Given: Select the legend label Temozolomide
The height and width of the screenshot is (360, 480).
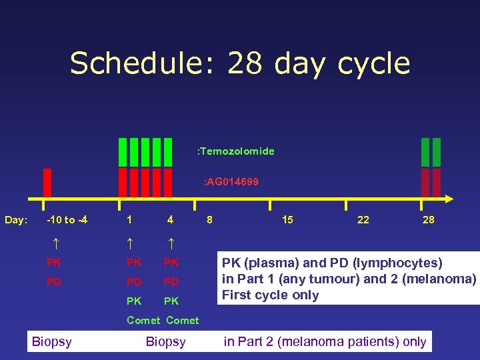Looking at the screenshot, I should point(236,151).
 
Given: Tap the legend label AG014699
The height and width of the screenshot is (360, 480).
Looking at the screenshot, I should point(231,181).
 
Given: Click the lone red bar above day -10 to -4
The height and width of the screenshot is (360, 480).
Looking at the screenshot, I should point(47,183).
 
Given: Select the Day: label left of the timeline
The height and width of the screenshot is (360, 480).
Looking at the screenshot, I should point(16,220).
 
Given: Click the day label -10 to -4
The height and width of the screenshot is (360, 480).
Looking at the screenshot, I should point(67,219).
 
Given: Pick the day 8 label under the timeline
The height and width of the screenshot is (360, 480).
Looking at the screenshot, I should point(209,219).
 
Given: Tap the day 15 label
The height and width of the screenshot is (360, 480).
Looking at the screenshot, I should point(287,219).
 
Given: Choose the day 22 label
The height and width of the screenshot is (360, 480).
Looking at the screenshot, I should point(363,219).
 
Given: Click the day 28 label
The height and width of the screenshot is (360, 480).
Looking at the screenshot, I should point(428,219).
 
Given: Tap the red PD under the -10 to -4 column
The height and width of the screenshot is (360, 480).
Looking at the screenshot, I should point(53,282).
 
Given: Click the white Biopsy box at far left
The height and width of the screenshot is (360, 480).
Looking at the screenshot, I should point(52,342).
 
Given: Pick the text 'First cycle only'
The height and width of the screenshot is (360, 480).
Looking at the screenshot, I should point(271,295).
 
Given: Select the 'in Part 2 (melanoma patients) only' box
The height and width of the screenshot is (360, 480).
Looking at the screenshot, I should point(325,342).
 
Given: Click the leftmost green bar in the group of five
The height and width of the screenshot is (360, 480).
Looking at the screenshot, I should point(123,152).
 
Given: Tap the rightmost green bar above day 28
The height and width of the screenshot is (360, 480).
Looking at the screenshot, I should point(437,152).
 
